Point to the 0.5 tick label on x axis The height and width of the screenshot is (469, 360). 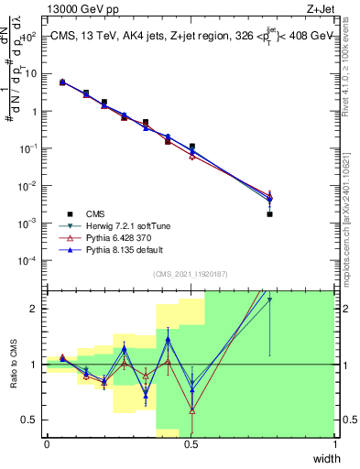[x=191, y=444]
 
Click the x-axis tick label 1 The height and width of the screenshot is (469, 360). [x=334, y=444]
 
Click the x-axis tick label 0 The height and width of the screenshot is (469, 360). [x=47, y=444]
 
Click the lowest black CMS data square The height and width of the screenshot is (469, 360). [x=270, y=214]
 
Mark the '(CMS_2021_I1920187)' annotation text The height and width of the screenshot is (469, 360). [x=190, y=274]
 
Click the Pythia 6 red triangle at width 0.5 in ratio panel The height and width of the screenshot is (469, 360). [x=191, y=410]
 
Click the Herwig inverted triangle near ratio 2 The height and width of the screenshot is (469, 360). [x=269, y=300]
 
